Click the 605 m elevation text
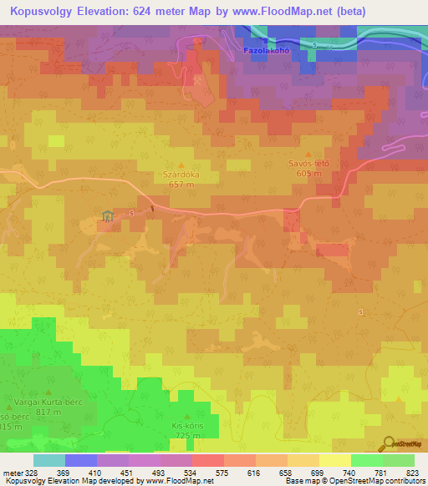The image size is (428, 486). tap(308, 174)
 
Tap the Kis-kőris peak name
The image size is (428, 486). tap(187, 426)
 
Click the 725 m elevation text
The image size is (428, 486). tap(187, 435)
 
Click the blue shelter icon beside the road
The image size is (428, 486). tap(107, 217)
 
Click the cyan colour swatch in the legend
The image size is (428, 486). tap(48, 460)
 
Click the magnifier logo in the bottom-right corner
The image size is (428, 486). tap(390, 444)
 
